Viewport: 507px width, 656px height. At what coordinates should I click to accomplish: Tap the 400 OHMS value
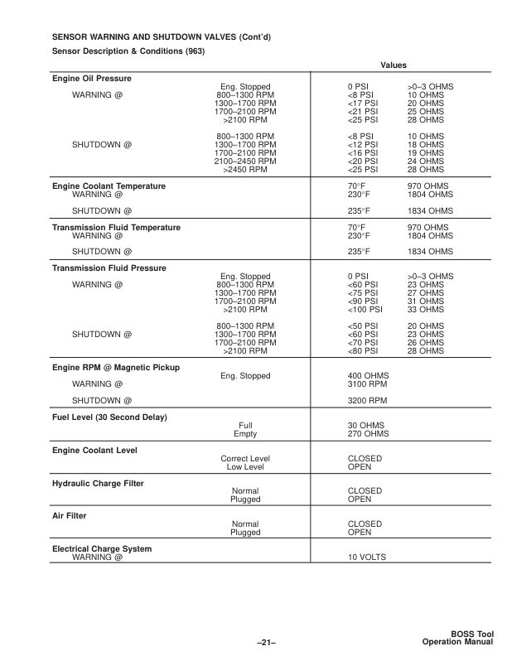(x=369, y=376)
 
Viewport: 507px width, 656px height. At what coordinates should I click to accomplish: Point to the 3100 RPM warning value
(x=367, y=384)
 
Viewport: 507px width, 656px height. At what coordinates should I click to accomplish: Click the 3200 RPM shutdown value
(x=367, y=400)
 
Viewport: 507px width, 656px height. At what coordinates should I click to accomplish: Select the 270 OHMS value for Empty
(x=369, y=433)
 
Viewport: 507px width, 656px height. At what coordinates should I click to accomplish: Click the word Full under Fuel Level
(x=245, y=425)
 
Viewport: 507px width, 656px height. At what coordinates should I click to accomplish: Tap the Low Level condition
(x=245, y=466)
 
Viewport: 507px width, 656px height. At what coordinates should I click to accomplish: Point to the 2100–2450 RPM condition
(x=245, y=161)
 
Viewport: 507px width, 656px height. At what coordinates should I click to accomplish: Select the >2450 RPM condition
(x=245, y=169)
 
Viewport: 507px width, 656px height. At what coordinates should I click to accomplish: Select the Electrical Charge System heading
(x=102, y=548)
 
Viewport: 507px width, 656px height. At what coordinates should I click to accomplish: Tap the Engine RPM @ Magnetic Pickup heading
(x=117, y=367)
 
